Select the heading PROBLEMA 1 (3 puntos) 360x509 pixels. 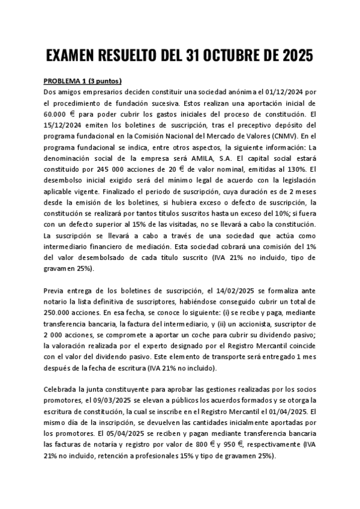pos(83,81)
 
